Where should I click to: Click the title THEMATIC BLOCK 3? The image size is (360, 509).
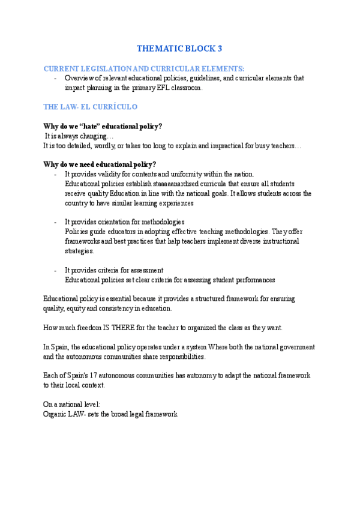point(179,48)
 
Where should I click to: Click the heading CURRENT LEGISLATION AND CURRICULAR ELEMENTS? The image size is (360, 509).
point(144,69)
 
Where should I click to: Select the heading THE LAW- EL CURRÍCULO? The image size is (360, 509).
point(91,107)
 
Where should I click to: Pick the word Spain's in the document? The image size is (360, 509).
point(85,375)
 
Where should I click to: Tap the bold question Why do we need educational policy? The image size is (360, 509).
point(100,164)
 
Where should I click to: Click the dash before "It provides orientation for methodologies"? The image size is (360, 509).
point(55,221)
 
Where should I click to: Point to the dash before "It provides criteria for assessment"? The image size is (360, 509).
point(55,270)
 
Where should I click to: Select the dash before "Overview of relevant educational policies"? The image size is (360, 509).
point(55,78)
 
